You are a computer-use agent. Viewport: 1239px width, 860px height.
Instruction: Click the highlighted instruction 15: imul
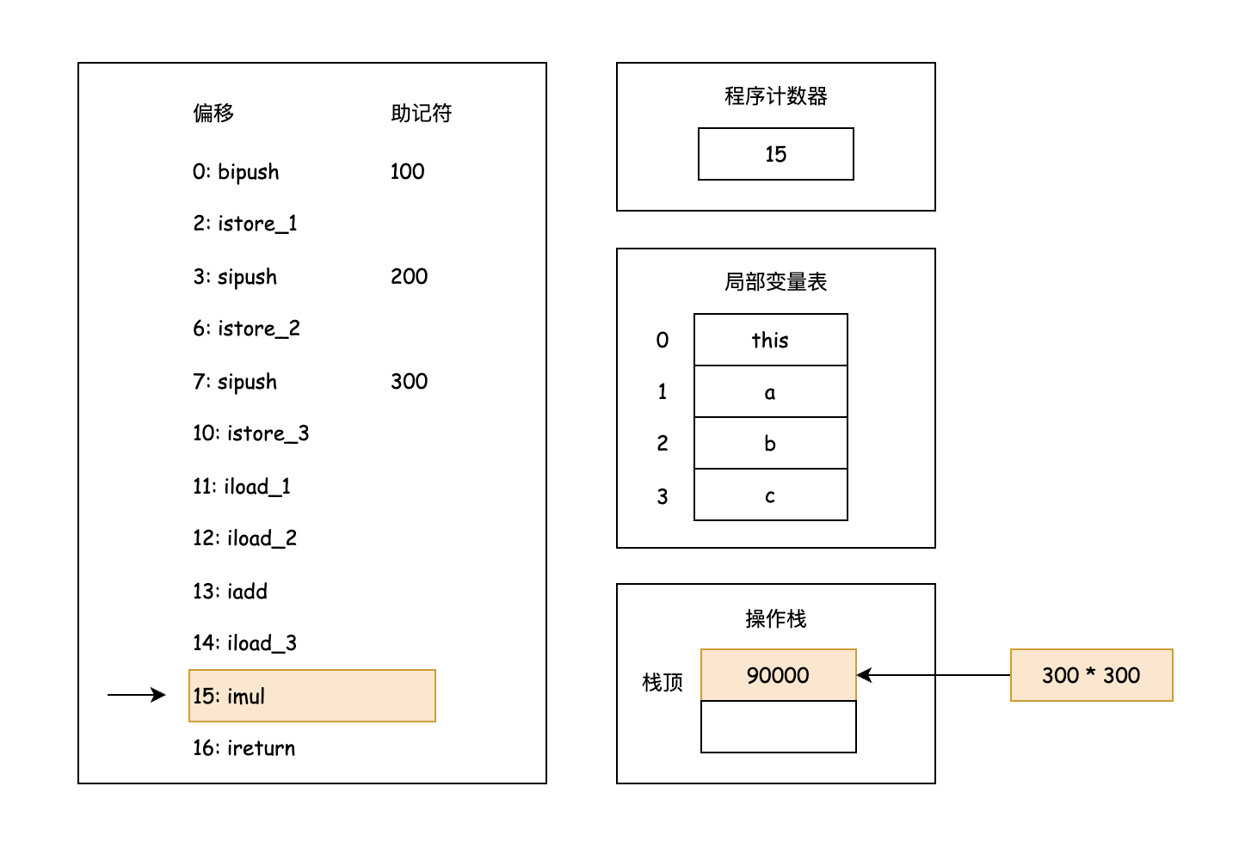pos(311,696)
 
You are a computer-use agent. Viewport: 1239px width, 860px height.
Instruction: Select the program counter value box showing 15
pos(775,154)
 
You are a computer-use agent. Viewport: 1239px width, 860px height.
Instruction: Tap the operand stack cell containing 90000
pos(778,675)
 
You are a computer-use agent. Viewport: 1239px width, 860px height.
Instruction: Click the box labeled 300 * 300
pos(1091,675)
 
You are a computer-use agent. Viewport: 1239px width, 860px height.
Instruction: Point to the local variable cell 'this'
pos(770,341)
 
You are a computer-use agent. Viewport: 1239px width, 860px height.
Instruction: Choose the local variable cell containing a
pos(770,392)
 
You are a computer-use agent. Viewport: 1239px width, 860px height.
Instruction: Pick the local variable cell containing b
pos(770,444)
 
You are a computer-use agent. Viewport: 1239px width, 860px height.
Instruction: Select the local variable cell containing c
pos(770,495)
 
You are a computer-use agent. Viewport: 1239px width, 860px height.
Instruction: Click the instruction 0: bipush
pos(236,172)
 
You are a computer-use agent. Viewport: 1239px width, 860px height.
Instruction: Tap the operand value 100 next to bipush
pos(407,172)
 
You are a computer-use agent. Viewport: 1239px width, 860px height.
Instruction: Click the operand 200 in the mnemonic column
pos(409,277)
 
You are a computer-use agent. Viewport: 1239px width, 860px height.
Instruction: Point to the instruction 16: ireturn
pos(243,748)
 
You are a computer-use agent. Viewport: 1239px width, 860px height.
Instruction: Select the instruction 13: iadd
pos(230,592)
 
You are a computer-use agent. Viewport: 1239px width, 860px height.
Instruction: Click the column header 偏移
pos(213,114)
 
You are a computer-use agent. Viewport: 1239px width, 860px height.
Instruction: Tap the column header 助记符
pos(421,114)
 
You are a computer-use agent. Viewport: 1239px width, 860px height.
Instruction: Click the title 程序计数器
pos(775,96)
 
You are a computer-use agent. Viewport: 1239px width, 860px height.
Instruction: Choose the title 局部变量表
pos(775,282)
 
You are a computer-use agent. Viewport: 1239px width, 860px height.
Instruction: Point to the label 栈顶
pos(663,683)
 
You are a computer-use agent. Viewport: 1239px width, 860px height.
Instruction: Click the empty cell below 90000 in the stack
pos(778,727)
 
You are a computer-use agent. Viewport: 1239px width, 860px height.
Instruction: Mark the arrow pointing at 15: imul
pos(136,695)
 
